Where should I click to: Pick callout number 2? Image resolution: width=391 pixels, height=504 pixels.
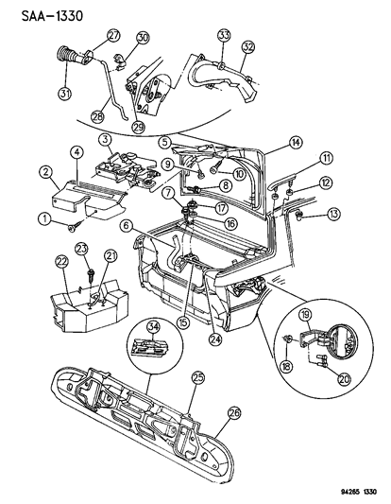44,172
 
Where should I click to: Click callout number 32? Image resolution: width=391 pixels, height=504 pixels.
248,44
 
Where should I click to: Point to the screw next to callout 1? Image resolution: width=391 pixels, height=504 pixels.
74,227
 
